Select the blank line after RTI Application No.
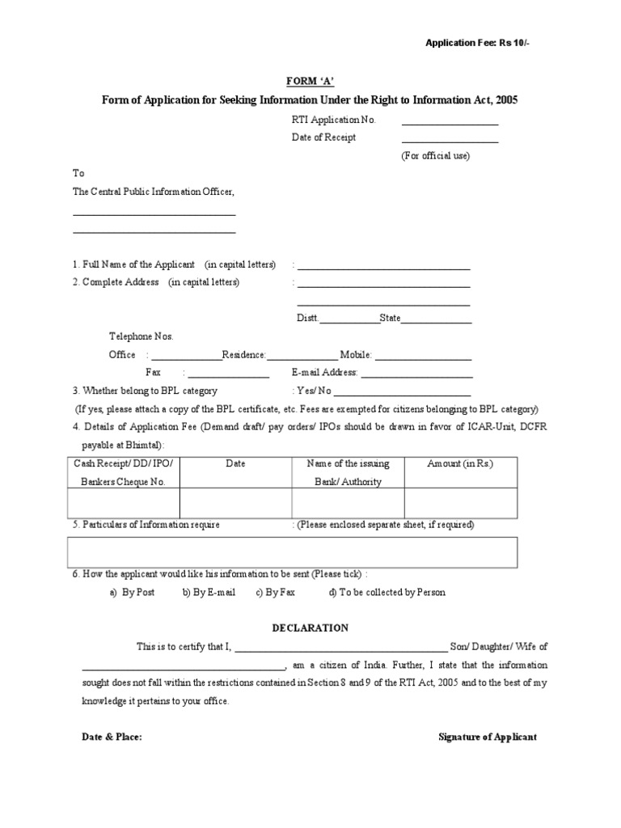pos(450,124)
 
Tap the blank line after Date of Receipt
pos(450,142)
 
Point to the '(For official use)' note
pos(435,155)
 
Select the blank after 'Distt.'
pos(350,323)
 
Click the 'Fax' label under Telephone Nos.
pos(153,373)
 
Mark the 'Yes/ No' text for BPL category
pos(312,391)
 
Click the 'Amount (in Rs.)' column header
pos(460,463)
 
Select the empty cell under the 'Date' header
pos(235,502)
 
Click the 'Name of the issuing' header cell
pos(348,463)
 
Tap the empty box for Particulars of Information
pos(292,552)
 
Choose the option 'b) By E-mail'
pos(209,592)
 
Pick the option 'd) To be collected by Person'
pos(387,592)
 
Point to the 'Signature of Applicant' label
pos(487,737)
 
